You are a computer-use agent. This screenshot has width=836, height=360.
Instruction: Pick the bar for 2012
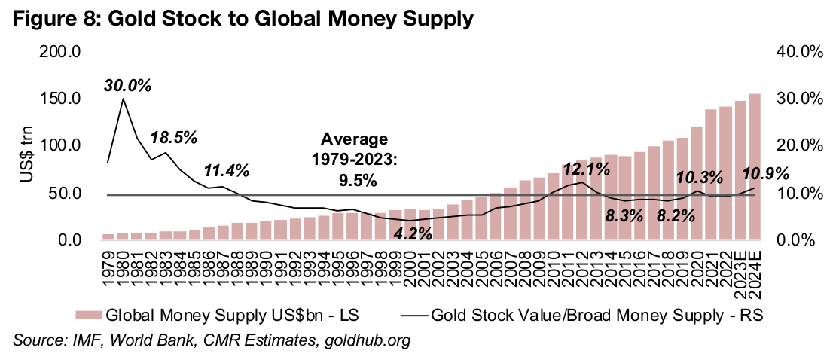click(582, 200)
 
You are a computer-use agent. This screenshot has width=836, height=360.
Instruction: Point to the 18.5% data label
click(173, 138)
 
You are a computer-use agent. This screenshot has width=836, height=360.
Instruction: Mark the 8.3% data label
click(624, 216)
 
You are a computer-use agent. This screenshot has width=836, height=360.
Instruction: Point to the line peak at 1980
click(123, 99)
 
